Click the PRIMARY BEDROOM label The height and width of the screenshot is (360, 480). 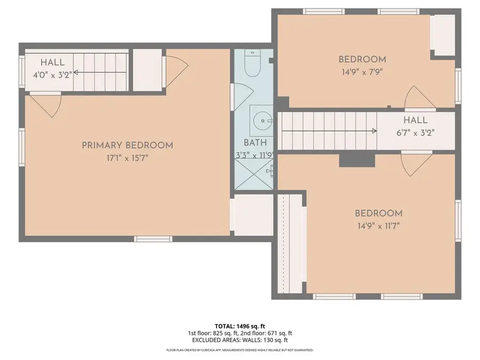point(127,145)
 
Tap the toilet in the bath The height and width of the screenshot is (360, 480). point(253,63)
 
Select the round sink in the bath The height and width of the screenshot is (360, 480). point(262,121)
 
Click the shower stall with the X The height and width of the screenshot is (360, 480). point(254,174)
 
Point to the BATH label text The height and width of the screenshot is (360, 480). point(255,142)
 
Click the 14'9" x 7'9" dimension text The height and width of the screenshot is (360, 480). point(362,72)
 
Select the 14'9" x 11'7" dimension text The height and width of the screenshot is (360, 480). point(379,226)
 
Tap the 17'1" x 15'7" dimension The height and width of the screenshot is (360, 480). point(127,158)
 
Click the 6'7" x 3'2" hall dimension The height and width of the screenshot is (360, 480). point(415,133)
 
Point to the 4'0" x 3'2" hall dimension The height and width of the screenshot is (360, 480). point(53,75)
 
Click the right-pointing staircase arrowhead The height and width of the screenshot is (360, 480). point(374,131)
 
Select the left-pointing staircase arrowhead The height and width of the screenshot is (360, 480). point(76,72)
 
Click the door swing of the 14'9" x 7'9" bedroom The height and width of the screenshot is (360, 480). point(420,98)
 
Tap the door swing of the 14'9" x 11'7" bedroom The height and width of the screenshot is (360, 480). point(417,164)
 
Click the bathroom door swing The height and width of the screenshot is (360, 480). point(243,97)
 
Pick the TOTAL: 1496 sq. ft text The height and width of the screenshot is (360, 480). point(239,326)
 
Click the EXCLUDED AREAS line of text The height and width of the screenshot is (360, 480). point(239,340)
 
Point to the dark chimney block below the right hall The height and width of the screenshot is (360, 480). point(357,161)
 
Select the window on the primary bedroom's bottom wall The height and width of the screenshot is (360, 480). point(153,239)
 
